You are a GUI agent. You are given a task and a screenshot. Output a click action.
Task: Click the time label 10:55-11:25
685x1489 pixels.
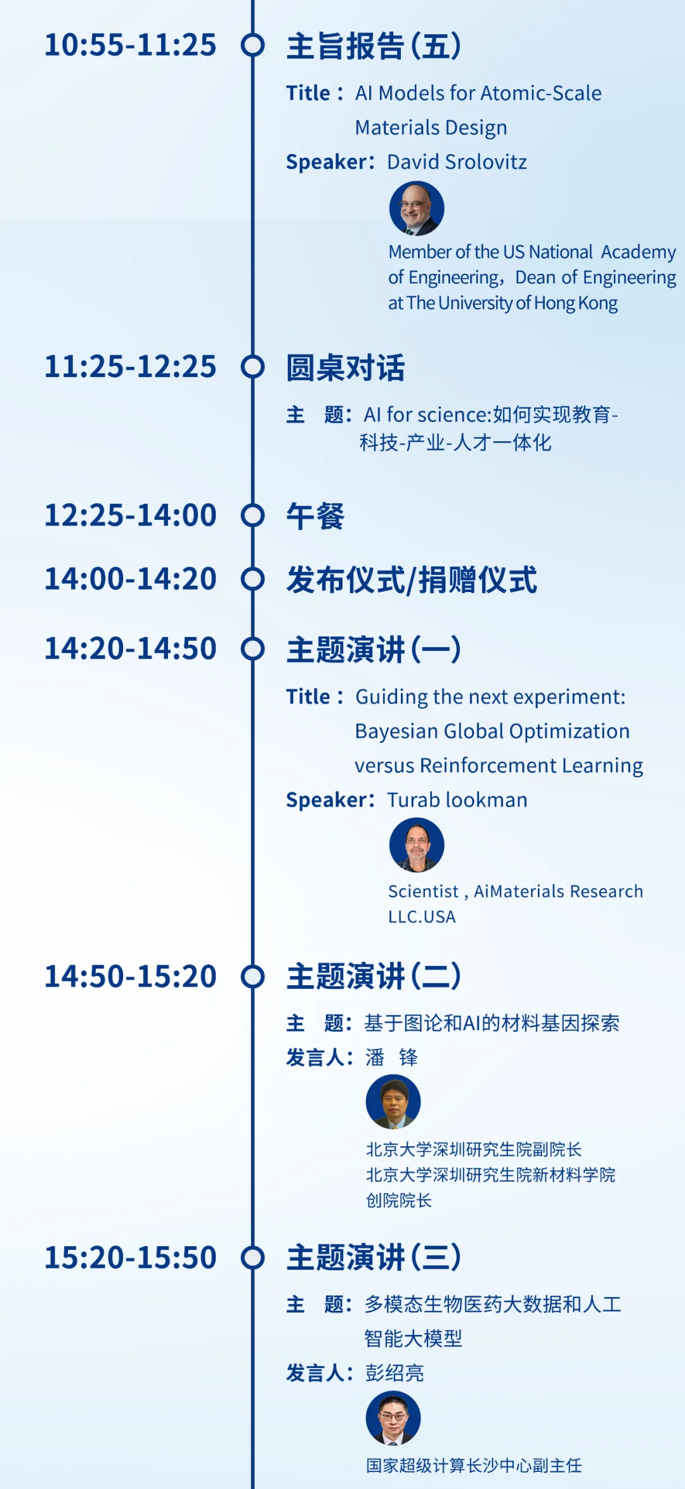point(130,45)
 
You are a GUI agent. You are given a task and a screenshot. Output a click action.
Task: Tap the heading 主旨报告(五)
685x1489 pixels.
point(374,46)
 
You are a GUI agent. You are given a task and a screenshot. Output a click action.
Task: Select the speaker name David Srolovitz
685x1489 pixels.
point(457,162)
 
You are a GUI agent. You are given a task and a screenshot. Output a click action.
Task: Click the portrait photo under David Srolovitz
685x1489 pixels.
point(417,209)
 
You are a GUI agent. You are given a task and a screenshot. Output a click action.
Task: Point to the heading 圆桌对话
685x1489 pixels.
point(346,368)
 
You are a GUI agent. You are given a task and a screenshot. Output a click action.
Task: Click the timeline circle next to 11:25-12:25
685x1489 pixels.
point(252,367)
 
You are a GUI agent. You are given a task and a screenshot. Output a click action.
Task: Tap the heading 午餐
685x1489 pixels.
point(315,516)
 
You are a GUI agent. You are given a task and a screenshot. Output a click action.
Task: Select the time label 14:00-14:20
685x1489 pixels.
point(130,579)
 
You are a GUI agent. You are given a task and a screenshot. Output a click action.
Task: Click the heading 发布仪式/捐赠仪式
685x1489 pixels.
point(412,580)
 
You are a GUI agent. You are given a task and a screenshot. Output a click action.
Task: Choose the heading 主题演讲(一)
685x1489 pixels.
point(374,650)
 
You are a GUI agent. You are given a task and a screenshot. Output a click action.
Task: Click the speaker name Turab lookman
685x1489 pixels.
point(457,800)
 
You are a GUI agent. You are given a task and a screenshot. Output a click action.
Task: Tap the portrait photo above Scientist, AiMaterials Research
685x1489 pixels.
point(417,845)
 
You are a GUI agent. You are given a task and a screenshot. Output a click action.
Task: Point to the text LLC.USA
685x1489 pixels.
point(422,917)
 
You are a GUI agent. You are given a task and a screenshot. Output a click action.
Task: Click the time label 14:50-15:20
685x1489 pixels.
point(130,976)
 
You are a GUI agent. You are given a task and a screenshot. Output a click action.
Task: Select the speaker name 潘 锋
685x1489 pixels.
point(391,1057)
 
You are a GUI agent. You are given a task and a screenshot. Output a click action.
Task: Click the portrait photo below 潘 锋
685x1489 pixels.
point(393,1102)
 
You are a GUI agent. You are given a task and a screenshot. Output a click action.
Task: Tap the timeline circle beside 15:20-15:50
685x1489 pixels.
point(252,1258)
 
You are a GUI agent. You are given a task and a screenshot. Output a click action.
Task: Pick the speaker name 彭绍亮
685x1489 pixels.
point(395,1373)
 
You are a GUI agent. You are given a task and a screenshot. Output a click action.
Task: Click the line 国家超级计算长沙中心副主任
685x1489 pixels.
point(474,1466)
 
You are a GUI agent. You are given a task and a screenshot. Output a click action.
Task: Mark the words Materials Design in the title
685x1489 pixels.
point(431,128)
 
